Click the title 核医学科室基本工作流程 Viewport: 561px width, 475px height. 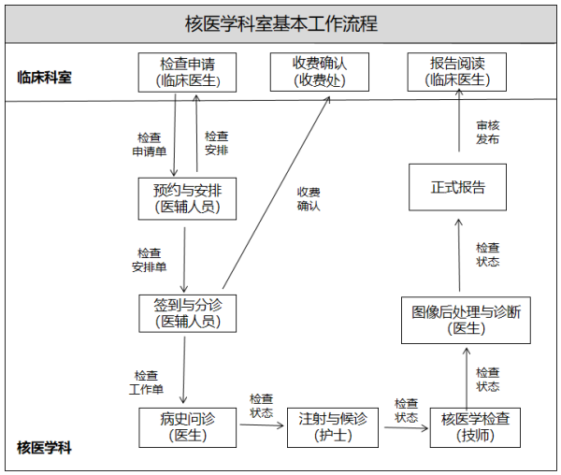point(280,23)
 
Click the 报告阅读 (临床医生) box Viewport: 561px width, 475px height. point(457,72)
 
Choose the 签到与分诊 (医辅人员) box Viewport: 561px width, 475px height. point(187,312)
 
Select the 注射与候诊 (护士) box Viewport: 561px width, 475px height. point(332,426)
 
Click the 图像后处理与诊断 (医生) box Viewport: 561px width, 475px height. point(465,319)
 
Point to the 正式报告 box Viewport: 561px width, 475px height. point(458,187)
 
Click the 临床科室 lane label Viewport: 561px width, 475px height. point(44,78)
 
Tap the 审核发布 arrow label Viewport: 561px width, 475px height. point(487,131)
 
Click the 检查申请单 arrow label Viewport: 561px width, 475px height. point(150,143)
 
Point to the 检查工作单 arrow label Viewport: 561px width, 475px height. point(147,381)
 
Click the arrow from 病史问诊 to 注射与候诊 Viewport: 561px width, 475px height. point(261,426)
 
